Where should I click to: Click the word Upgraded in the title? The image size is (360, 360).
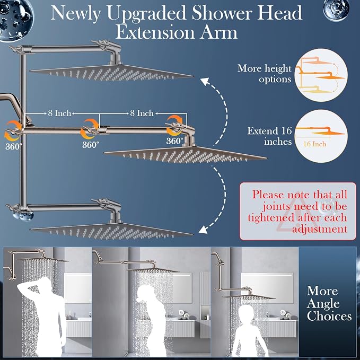(146, 14)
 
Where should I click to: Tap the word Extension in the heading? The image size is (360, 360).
(156, 32)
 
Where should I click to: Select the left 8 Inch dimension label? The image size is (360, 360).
(59, 113)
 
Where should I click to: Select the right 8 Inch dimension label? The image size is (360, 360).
(142, 113)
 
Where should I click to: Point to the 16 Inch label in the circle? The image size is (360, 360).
(314, 144)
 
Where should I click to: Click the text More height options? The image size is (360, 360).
(264, 74)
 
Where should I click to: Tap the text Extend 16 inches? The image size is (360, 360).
(269, 136)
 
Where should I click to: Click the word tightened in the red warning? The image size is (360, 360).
(271, 218)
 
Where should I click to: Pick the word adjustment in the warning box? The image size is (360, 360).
(319, 229)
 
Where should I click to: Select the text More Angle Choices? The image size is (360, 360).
(329, 303)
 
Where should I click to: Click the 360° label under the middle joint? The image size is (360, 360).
(91, 145)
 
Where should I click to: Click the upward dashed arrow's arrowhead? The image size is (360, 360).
(204, 81)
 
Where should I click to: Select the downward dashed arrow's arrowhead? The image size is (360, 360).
(204, 230)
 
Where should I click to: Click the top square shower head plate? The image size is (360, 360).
(112, 72)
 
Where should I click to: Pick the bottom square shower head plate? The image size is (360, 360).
(112, 231)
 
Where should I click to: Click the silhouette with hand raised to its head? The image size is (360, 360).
(43, 317)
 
